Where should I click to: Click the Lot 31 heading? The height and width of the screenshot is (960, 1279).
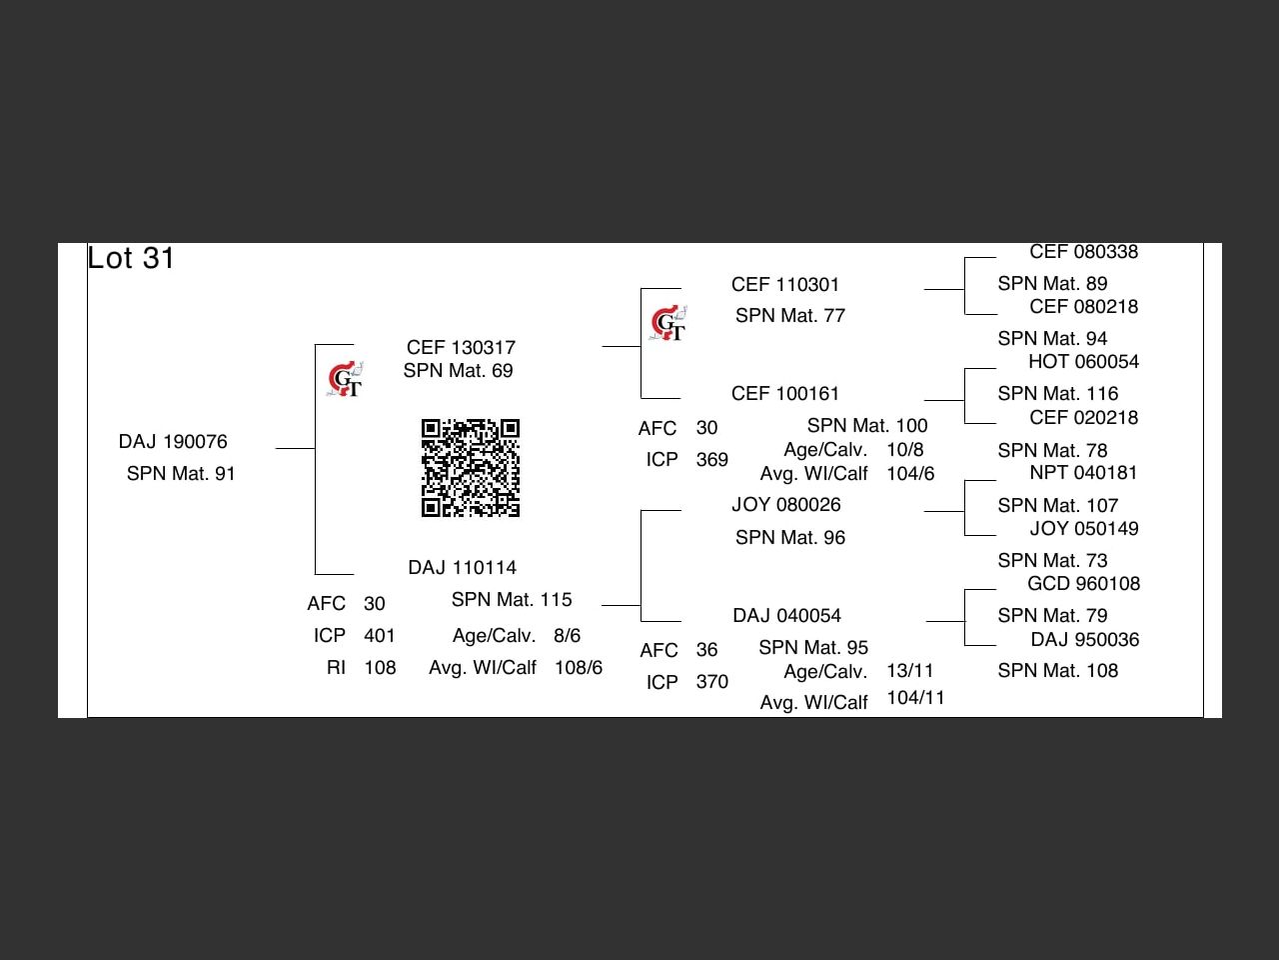click(131, 258)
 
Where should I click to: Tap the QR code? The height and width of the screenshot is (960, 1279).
click(471, 468)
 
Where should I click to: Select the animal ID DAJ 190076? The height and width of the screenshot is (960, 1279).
click(173, 442)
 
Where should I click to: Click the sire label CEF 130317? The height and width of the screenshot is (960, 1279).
click(461, 348)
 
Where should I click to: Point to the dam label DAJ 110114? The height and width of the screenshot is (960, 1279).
click(462, 568)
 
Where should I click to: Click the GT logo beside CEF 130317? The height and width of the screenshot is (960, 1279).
click(346, 380)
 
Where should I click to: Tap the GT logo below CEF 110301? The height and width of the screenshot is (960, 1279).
click(668, 324)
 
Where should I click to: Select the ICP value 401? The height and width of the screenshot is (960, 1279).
click(380, 636)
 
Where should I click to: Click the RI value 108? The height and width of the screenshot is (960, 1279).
click(380, 668)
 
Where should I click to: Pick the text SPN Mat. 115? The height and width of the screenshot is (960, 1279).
click(512, 600)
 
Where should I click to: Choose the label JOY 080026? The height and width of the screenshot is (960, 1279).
click(786, 505)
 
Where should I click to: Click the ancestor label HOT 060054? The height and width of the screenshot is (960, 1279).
click(1083, 362)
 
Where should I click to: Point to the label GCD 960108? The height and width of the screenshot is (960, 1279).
click(1083, 584)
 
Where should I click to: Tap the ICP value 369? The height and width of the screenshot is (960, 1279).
click(711, 460)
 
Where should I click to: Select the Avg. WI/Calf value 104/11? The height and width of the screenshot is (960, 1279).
click(915, 698)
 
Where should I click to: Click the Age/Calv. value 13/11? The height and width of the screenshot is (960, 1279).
click(909, 671)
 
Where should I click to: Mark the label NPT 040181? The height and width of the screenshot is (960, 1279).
click(1083, 473)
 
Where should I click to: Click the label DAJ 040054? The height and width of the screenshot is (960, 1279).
click(786, 616)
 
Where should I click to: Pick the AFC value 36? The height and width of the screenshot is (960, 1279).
click(706, 650)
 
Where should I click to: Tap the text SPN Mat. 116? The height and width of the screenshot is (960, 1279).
click(1057, 394)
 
